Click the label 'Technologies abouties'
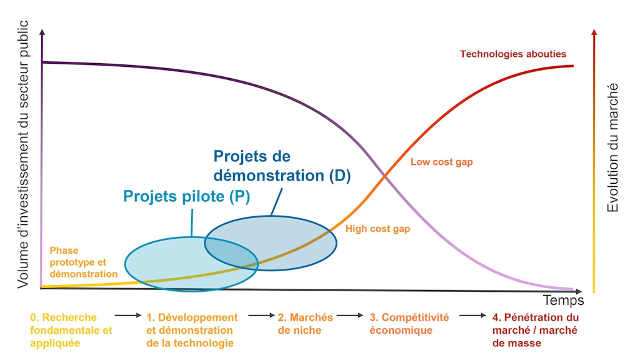pos(513,54)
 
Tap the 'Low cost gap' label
pos(442,162)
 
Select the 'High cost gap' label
pos(377,229)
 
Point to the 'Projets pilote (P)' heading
pos(186,196)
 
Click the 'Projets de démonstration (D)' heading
pos(282,166)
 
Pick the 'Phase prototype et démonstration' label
pos(84,262)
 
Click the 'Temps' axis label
pos(563,301)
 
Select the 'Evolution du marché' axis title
pos(612,147)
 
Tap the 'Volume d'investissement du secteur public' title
pos(23,154)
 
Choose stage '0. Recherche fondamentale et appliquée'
pos(71,330)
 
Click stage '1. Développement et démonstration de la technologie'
pos(192,330)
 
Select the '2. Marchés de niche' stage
pos(305,324)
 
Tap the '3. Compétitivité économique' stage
pos(409,324)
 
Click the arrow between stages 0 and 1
pos(127,315)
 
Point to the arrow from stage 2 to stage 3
pos(350,315)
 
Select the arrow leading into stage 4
pos(472,315)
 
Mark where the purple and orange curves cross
pos(384,176)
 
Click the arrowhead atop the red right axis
pos(594,32)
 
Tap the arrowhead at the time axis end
pos(579,291)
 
